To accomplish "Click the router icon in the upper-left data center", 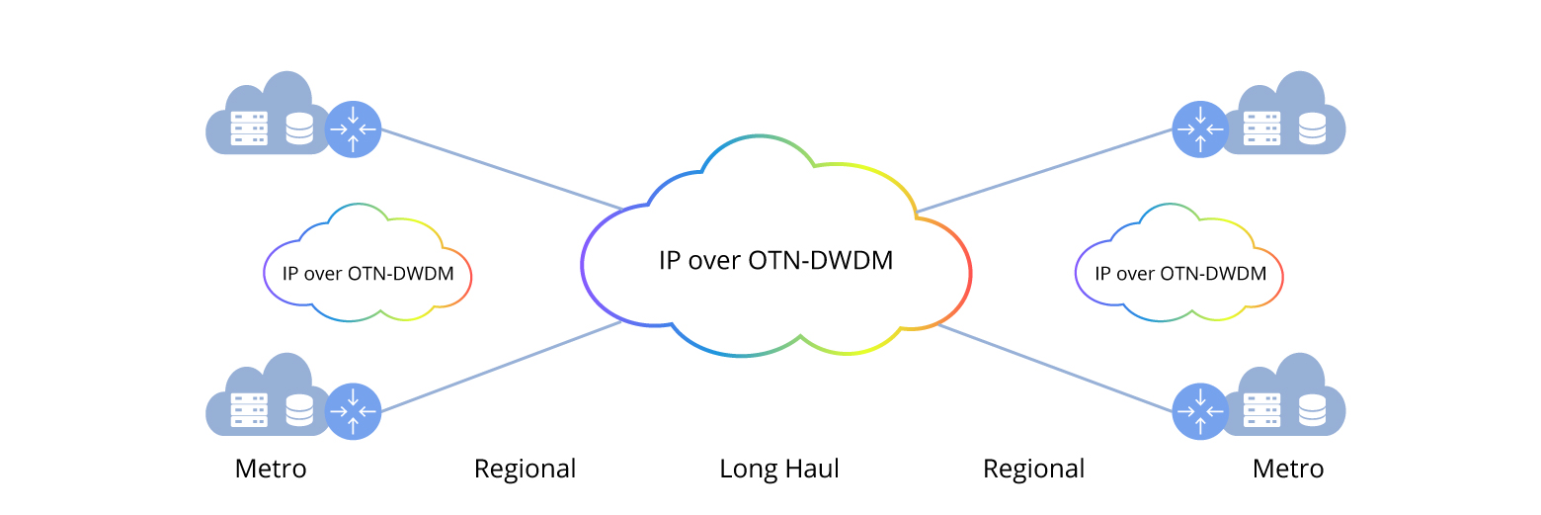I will point(353,129).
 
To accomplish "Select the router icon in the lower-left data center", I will point(353,410).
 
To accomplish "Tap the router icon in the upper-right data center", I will point(1199,129).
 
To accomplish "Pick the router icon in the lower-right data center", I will point(1199,410).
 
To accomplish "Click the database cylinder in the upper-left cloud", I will point(299,129).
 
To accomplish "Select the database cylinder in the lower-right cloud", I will point(1312,409).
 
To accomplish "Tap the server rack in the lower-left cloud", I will point(249,410).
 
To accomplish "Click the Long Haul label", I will point(778,469).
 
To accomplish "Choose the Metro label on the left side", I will point(271,469).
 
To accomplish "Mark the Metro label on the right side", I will point(1288,469).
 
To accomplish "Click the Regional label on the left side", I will point(525,469).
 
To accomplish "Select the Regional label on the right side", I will point(1033,469).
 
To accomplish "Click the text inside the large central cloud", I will point(775,261).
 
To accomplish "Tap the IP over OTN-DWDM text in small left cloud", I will point(368,274).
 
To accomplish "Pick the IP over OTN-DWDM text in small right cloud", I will point(1180,274).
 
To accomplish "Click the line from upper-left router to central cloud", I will point(501,169).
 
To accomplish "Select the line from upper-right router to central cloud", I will point(1044,170).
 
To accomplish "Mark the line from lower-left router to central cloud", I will point(501,367).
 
